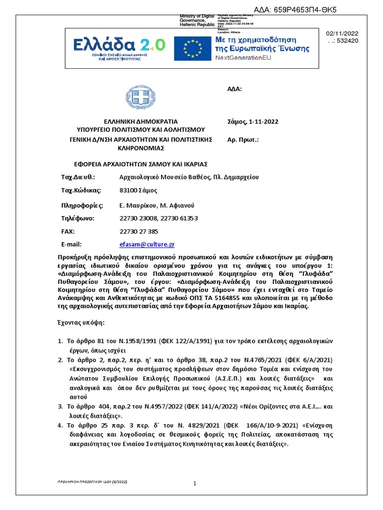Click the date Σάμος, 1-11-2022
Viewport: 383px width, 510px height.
click(253, 122)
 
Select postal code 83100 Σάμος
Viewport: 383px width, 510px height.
click(138, 190)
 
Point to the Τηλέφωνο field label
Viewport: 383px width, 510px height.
click(77, 218)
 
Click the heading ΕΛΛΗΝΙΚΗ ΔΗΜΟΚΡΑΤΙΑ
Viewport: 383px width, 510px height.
click(140, 122)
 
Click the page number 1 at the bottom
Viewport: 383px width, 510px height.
click(195, 484)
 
